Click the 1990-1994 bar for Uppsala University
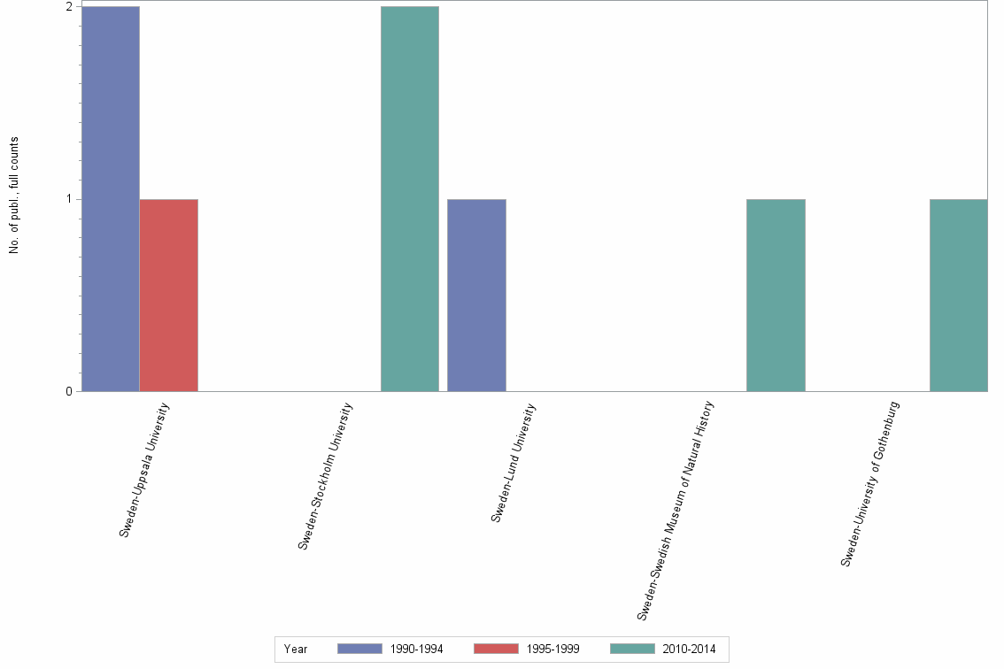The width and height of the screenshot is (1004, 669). click(x=111, y=198)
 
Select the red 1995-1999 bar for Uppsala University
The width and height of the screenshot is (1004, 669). click(x=169, y=295)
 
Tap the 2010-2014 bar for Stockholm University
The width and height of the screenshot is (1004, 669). click(x=410, y=198)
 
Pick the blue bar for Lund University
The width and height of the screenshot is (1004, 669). click(x=476, y=295)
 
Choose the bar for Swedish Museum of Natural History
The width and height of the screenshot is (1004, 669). click(x=776, y=295)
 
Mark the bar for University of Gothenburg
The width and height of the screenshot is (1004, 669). click(x=959, y=295)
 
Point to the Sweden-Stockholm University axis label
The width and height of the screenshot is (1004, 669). click(x=326, y=476)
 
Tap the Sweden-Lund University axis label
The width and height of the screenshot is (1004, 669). click(x=514, y=462)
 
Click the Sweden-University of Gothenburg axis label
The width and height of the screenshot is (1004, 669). click(x=870, y=484)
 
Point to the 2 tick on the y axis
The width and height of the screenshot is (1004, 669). click(x=68, y=7)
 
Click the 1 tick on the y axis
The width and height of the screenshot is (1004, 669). click(x=68, y=199)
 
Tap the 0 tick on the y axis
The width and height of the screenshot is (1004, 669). click(x=68, y=391)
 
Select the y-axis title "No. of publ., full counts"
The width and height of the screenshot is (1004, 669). click(x=14, y=196)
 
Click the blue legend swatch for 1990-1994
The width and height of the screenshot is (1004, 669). click(x=359, y=649)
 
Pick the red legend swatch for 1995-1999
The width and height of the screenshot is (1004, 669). click(x=497, y=649)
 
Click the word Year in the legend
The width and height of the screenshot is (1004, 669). click(x=296, y=650)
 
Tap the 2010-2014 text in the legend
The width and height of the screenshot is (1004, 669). click(x=689, y=650)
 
